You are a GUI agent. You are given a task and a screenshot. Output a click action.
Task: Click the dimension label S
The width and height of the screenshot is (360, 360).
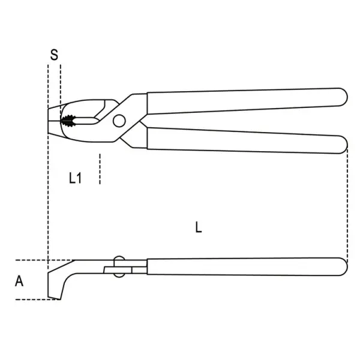(54, 55)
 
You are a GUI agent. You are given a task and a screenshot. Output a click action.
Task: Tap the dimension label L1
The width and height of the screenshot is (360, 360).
(75, 178)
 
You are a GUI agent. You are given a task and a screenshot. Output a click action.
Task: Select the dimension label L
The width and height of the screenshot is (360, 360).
(199, 227)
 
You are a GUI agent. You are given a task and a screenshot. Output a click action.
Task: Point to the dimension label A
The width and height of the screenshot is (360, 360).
(19, 281)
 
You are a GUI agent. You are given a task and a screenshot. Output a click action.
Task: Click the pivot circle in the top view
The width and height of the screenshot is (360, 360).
(119, 121)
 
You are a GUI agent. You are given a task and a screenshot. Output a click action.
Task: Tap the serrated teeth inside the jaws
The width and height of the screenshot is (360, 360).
(68, 121)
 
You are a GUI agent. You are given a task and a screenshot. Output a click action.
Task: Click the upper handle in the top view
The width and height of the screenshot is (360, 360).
(247, 101)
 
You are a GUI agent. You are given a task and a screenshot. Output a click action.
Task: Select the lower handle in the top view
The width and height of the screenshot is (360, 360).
(247, 140)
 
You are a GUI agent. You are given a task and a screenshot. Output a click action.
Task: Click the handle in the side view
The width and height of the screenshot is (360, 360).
(247, 266)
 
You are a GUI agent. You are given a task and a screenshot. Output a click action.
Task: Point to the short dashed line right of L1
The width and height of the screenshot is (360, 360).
(100, 169)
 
